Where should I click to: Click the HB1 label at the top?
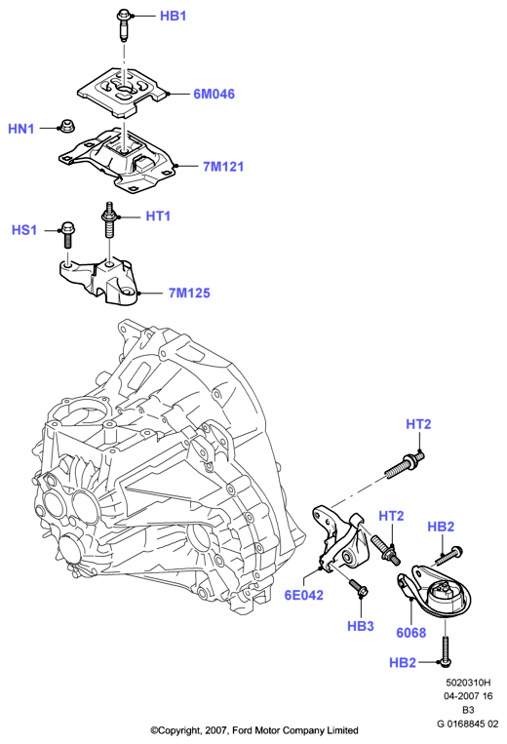coord(174,16)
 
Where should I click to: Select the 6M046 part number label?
coord(214,94)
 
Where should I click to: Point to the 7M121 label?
coord(223,167)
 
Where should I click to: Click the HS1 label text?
coord(24,230)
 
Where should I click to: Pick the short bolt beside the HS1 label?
coord(66,234)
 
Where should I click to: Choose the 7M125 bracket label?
coord(189,293)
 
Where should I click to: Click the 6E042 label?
coord(304,595)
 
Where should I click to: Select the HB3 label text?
coord(361,626)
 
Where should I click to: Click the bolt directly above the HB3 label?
coord(357,587)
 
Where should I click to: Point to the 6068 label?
coord(411,633)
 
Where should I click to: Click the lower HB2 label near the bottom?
coord(402,662)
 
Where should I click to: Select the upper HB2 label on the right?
coord(441,527)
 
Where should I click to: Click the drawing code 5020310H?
coord(468,683)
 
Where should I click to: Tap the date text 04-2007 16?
coord(468,696)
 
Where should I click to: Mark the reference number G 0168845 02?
coord(468,724)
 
